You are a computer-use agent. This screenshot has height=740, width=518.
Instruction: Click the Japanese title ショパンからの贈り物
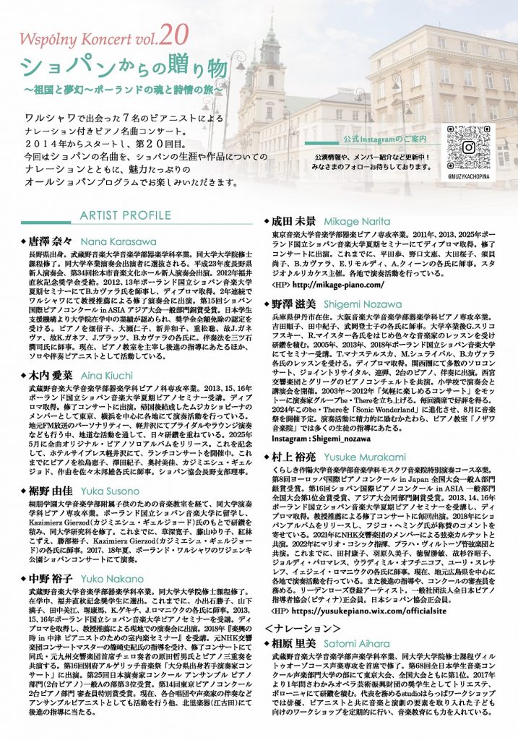coord(116,69)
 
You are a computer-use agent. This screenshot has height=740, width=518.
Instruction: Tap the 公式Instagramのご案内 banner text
coord(377,139)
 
